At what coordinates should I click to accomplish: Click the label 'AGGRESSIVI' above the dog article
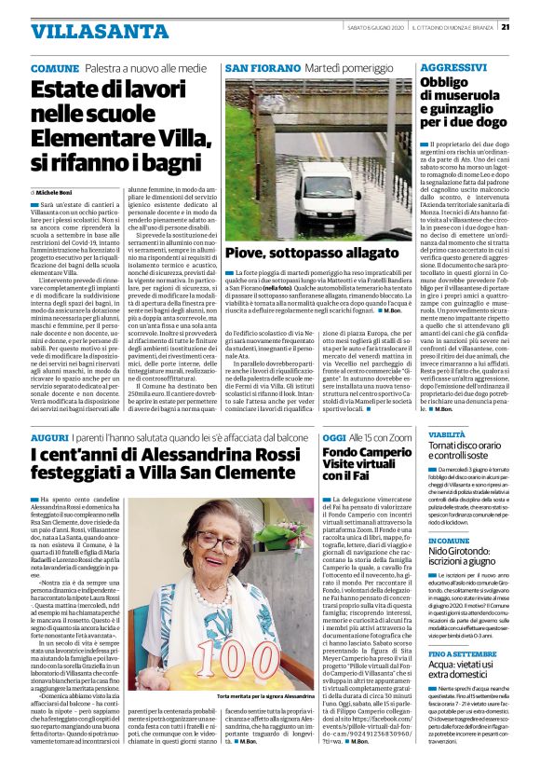(452, 69)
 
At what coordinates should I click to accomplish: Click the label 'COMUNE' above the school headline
(55, 70)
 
